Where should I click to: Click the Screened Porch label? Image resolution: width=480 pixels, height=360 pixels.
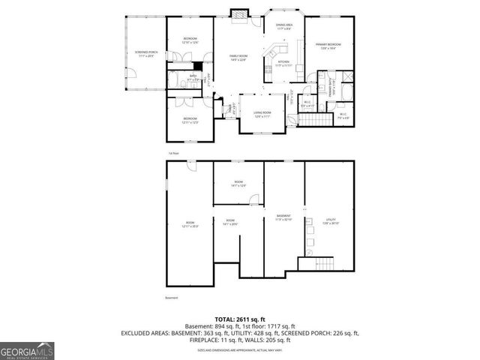[144, 53]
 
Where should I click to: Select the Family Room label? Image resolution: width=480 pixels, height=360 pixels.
[238, 59]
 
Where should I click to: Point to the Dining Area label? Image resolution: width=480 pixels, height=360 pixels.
[284, 27]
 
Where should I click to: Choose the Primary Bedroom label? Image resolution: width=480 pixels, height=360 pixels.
[329, 46]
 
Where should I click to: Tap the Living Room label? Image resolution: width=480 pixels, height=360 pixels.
[262, 115]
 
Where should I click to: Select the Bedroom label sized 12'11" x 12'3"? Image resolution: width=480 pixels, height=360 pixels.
[190, 120]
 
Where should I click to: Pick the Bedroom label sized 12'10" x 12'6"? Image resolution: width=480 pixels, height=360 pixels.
[190, 40]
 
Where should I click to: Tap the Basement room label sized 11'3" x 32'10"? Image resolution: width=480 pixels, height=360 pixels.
[283, 217]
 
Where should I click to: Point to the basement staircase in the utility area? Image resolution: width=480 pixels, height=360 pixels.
[325, 263]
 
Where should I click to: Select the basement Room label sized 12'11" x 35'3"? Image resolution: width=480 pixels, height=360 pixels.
[189, 224]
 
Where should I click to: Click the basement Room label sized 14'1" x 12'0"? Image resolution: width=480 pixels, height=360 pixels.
[238, 184]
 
